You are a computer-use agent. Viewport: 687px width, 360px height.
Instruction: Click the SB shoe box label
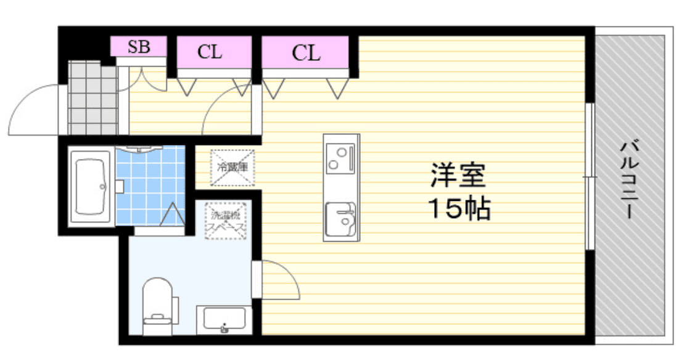coord(139,47)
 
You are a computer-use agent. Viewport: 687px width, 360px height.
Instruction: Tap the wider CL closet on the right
coord(305,52)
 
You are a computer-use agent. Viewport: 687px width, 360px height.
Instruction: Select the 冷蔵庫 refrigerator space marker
coord(232,167)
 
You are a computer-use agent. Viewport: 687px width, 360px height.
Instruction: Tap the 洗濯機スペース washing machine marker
coord(225,221)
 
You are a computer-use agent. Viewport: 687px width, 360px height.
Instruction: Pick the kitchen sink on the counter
coord(340,218)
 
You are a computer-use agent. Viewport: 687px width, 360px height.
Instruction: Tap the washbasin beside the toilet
coord(224,319)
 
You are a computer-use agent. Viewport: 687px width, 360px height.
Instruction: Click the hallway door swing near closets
coord(225,111)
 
